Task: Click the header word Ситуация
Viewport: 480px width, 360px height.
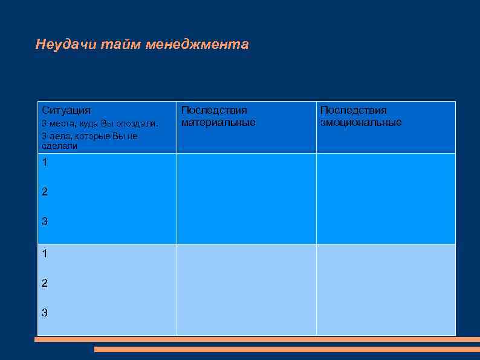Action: [66, 110]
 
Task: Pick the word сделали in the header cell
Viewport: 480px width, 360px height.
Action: [59, 146]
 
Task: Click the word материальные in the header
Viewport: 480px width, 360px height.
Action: [218, 122]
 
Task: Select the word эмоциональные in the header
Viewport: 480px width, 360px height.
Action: [360, 122]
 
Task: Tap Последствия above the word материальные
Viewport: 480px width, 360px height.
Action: [214, 110]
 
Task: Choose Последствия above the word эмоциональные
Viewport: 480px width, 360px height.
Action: [353, 110]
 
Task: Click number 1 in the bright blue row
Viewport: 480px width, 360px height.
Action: [45, 162]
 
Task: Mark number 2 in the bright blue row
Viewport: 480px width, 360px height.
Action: [45, 192]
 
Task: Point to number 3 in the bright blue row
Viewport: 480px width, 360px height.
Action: [45, 221]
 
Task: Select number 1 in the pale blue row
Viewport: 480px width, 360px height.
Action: [45, 254]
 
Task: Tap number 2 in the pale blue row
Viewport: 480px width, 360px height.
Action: [45, 283]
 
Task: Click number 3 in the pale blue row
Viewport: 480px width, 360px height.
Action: [45, 313]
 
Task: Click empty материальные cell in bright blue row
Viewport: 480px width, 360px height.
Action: [246, 198]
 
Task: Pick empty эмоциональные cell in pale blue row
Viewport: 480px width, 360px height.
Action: [386, 289]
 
